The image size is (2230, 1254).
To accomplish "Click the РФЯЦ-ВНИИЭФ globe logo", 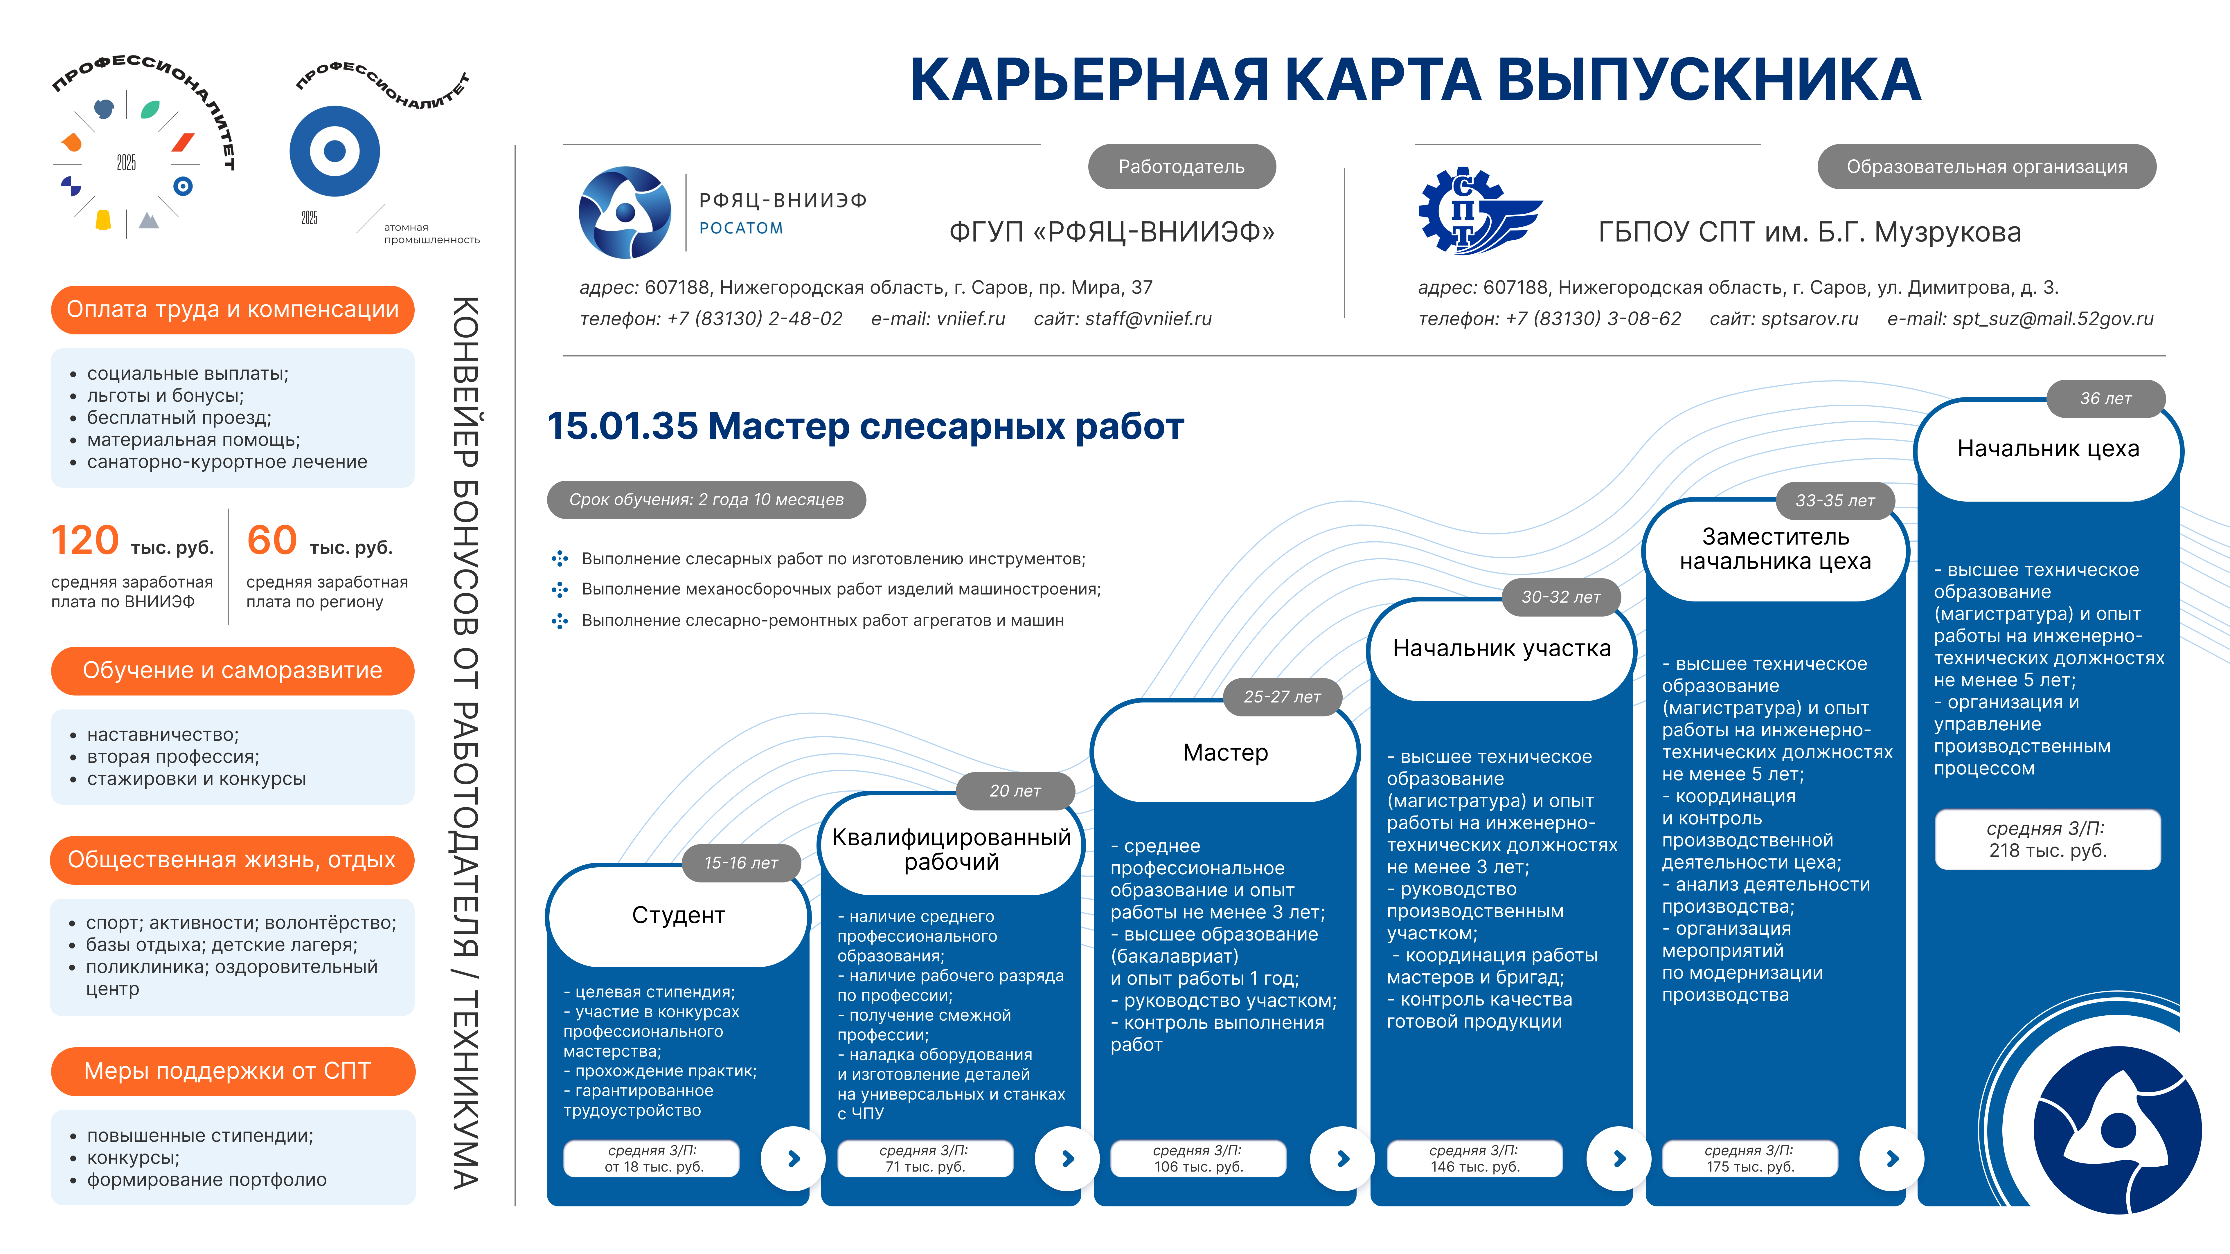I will [x=624, y=212].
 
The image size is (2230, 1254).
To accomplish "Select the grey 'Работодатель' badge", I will [x=1181, y=166].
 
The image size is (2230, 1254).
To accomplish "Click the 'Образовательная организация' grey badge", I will [x=1986, y=166].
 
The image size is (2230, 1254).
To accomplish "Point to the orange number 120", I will [x=85, y=541].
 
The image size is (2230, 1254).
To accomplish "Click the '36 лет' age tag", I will [x=2105, y=398].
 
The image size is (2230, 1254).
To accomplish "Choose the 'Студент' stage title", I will [x=678, y=915].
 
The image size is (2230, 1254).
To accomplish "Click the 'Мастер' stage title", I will [x=1225, y=752].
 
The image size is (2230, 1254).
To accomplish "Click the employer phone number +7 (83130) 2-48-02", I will [x=754, y=318].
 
